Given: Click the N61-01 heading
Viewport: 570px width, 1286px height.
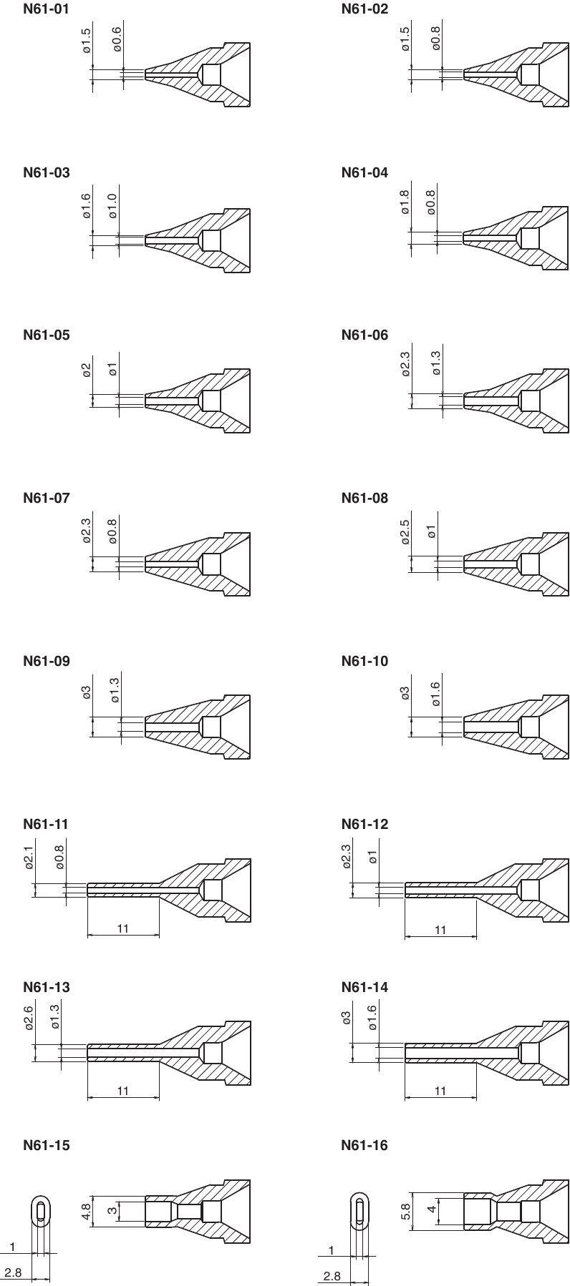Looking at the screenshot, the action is (x=47, y=10).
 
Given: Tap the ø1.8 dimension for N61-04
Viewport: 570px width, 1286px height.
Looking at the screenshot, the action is (x=405, y=202).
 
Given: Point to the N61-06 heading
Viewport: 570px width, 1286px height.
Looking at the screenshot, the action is (x=365, y=335).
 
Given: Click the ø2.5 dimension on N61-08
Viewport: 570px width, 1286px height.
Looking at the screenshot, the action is (x=405, y=532).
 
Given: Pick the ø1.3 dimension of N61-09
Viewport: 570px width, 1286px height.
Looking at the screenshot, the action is (x=115, y=689).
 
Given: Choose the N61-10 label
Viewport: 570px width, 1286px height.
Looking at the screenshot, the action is (x=365, y=661).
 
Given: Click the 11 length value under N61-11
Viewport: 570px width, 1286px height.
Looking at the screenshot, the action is (x=122, y=928).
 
